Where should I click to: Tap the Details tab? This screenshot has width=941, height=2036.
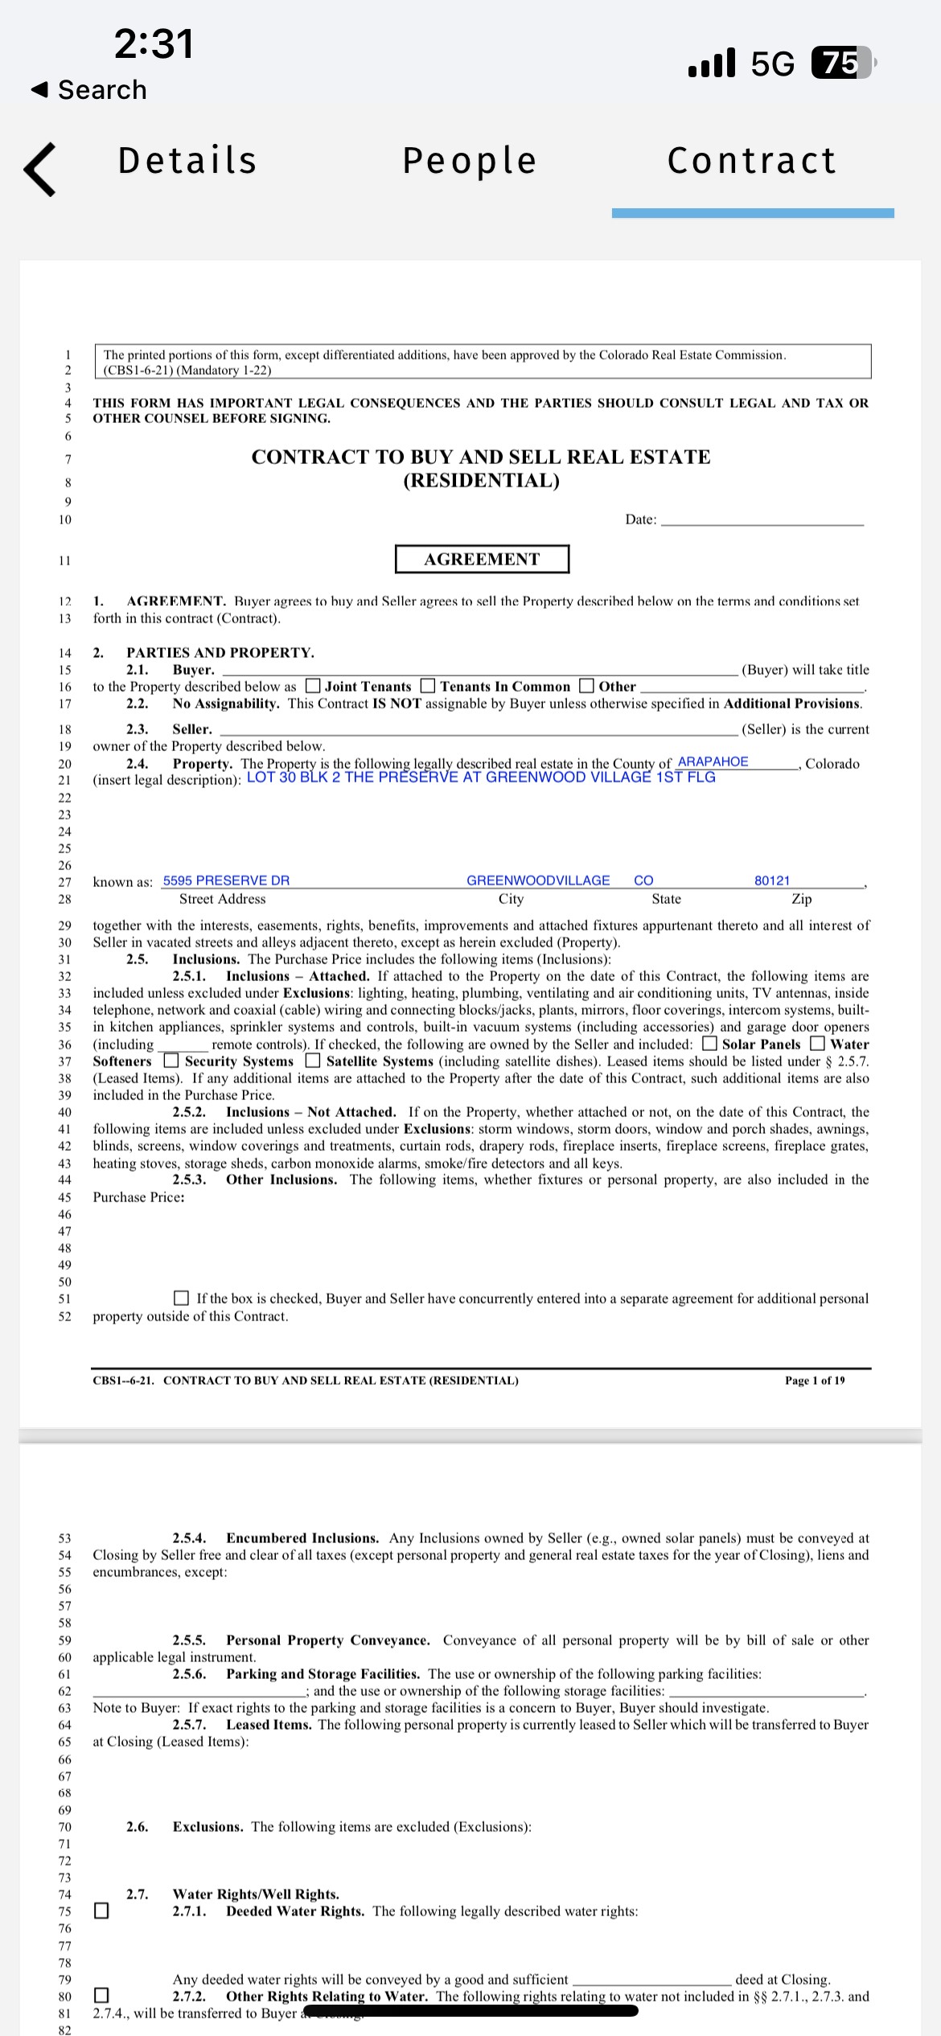click(187, 161)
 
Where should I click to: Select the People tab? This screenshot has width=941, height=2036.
click(470, 161)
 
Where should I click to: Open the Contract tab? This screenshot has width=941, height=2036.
click(752, 161)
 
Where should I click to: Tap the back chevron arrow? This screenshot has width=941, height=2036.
click(40, 169)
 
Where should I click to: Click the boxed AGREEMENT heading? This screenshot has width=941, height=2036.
click(482, 559)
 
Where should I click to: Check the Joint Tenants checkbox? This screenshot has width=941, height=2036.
click(314, 686)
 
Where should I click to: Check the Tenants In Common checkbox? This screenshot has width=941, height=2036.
click(429, 686)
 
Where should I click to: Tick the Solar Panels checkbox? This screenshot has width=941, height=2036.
click(710, 1044)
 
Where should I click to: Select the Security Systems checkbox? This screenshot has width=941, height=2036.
click(171, 1061)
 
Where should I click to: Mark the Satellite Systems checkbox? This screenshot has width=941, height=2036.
click(313, 1061)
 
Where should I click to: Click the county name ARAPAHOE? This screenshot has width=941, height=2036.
click(713, 761)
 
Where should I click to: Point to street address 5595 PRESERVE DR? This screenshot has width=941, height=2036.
click(226, 880)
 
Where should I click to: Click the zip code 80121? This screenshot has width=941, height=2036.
click(772, 880)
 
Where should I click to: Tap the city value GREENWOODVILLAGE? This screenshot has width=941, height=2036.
click(538, 880)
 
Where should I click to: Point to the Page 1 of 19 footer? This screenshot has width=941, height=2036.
click(815, 1381)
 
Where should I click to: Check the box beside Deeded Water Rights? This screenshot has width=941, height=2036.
click(101, 1911)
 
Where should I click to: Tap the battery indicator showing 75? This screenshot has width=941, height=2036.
click(841, 63)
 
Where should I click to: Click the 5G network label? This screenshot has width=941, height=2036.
click(772, 64)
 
